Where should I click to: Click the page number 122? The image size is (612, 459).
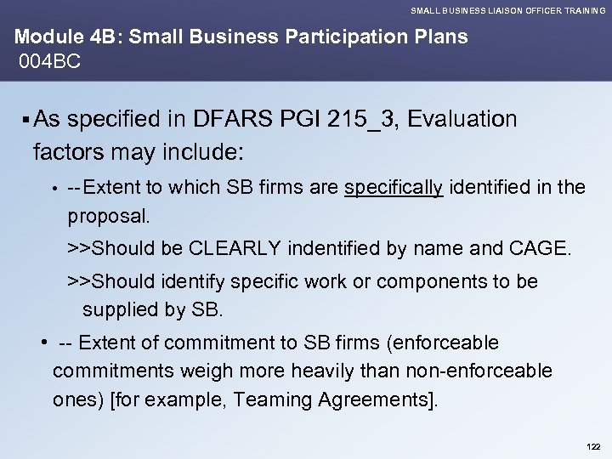[592, 445]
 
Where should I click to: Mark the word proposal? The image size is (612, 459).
[108, 217]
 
